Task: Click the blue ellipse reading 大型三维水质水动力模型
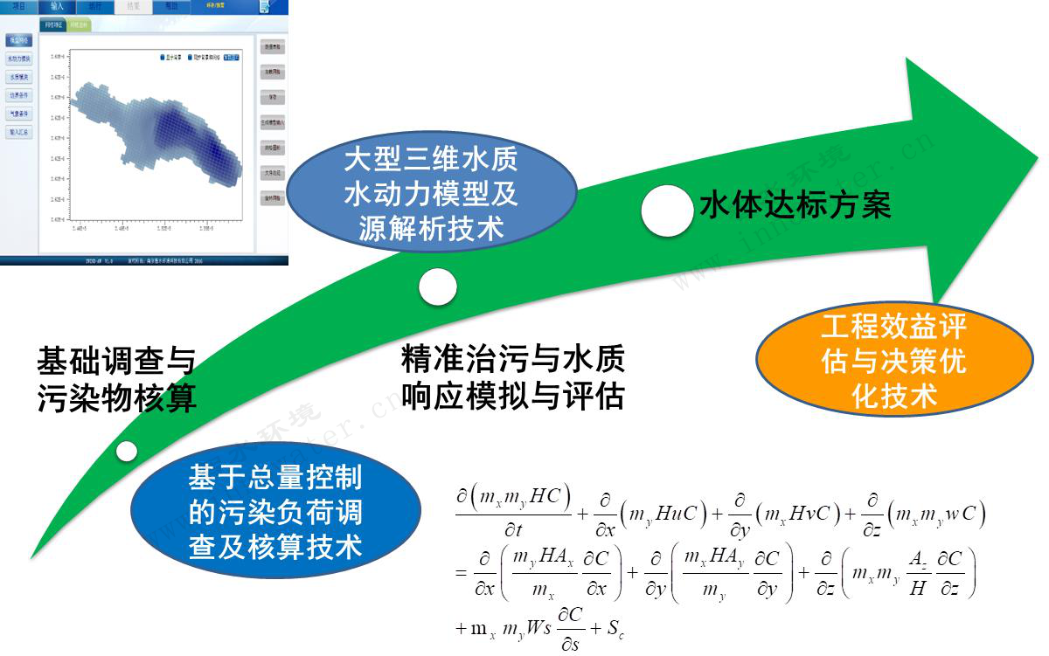click(x=430, y=193)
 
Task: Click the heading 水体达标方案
click(x=795, y=206)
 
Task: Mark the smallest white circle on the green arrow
click(x=128, y=452)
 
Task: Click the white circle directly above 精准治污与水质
click(x=437, y=287)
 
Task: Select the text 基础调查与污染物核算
click(x=116, y=380)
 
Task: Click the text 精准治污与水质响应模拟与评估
click(x=513, y=377)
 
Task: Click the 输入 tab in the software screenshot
click(x=57, y=7)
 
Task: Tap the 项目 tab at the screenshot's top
click(x=18, y=7)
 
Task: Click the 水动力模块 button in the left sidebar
click(x=19, y=59)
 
